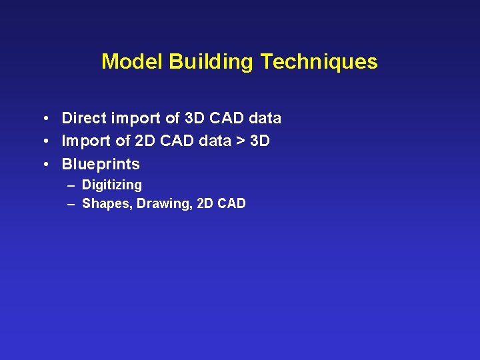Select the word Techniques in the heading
click(319, 62)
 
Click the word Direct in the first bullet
click(83, 119)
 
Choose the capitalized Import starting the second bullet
click(84, 141)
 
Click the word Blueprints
click(101, 164)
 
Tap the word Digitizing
click(111, 185)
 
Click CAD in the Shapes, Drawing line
click(231, 204)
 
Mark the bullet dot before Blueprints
click(43, 165)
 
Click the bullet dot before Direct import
click(43, 119)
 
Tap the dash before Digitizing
click(71, 185)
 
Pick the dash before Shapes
click(71, 204)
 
